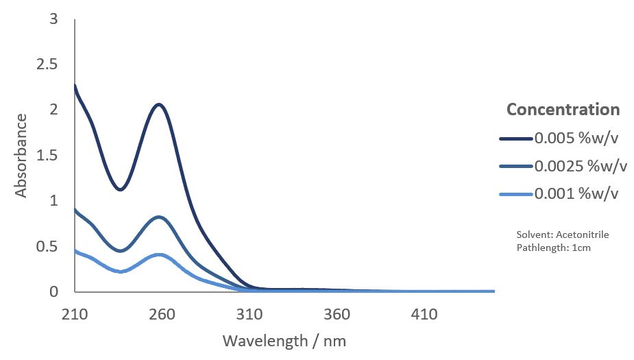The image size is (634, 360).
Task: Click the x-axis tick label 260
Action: tap(162, 315)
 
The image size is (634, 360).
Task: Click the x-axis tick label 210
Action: tap(75, 315)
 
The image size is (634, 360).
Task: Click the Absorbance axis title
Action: tap(21, 156)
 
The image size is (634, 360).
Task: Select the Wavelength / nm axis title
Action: tap(289, 340)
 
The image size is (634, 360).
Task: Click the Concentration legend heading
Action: tap(563, 109)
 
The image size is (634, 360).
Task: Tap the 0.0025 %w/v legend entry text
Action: tap(581, 166)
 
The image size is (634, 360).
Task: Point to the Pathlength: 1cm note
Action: tap(553, 248)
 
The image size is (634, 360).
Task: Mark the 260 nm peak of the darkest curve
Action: tap(159, 104)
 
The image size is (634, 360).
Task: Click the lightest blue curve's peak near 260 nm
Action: tap(160, 254)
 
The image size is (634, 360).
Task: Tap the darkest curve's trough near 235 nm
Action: tap(120, 189)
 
